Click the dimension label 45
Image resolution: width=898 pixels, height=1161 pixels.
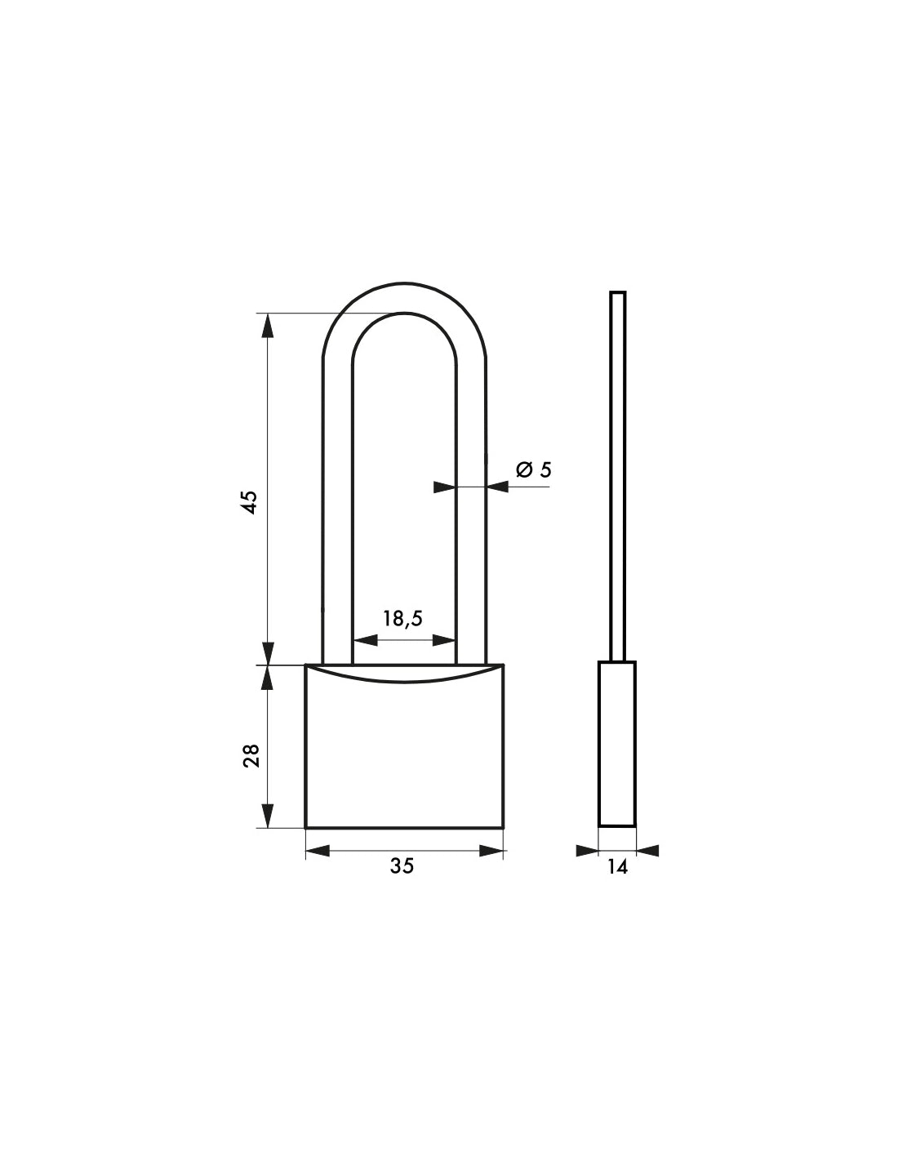[x=251, y=501]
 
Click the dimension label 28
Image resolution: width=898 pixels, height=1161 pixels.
[x=251, y=755]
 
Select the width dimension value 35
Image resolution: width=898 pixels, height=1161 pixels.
[x=402, y=866]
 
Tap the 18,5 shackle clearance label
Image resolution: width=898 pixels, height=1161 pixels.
[x=402, y=618]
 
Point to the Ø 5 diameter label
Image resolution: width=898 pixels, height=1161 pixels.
[x=534, y=469]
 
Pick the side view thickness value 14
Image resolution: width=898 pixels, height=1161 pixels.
[x=617, y=867]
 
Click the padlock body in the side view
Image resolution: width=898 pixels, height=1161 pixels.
[x=617, y=743]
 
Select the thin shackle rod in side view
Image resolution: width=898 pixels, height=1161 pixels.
[x=618, y=474]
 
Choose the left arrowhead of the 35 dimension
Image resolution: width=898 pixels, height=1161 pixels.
[x=318, y=851]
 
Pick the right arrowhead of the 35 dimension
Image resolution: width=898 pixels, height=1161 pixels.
[x=491, y=851]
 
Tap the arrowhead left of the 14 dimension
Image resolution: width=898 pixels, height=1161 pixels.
[x=587, y=851]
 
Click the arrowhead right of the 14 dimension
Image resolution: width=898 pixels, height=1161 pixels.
[x=647, y=851]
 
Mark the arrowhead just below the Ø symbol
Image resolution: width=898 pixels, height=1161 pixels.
[x=497, y=487]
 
